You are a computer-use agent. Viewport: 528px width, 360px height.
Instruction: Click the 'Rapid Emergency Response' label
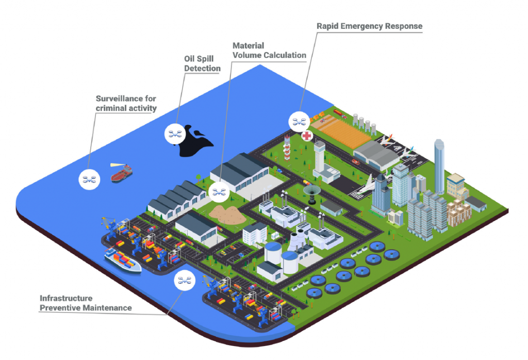(369, 26)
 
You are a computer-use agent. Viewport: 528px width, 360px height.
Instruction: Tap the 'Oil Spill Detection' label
(202, 64)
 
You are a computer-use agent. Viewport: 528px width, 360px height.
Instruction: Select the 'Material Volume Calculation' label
(269, 51)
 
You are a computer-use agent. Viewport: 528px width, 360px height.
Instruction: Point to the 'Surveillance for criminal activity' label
(126, 103)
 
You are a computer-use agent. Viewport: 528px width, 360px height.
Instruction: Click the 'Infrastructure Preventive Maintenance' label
(86, 303)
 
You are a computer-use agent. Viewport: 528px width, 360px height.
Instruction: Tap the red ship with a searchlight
(122, 173)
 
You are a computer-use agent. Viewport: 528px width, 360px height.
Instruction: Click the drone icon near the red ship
(89, 179)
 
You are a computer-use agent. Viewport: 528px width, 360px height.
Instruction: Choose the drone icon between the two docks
(184, 280)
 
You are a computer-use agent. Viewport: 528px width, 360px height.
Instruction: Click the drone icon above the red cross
(299, 122)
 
